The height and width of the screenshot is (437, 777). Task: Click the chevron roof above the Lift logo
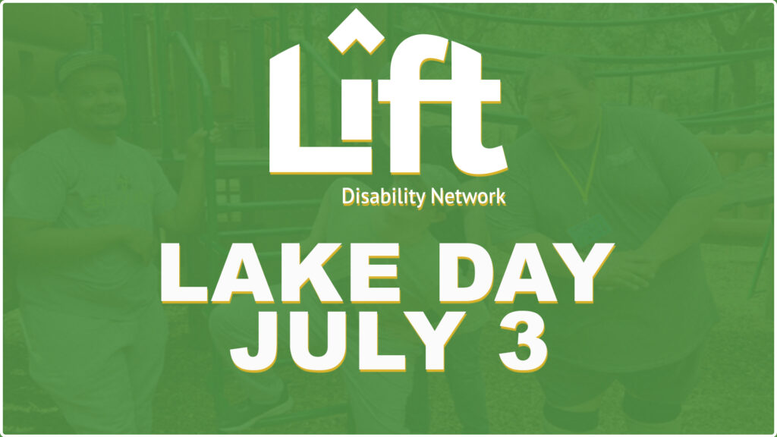pos(356,30)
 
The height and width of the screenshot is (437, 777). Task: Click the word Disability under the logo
pos(383,197)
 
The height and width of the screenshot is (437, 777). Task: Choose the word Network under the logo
pos(467,196)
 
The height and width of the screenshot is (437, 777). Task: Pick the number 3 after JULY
pos(523,341)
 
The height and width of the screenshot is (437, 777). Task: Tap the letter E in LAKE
pos(375,273)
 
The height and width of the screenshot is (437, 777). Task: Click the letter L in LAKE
pos(184,273)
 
